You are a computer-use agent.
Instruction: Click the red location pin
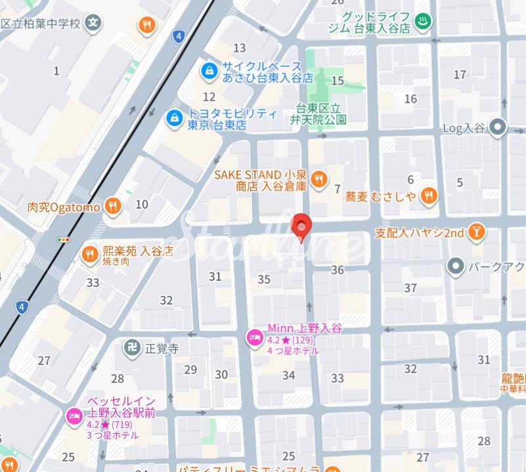coord(301,226)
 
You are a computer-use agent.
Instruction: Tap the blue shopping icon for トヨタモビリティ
coord(174,118)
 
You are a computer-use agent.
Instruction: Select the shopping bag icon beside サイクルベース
coord(209,70)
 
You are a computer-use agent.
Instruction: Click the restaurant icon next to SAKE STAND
coord(318,178)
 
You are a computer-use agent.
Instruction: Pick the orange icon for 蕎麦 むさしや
coord(429,195)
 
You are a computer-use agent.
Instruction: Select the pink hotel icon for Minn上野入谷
coord(253,339)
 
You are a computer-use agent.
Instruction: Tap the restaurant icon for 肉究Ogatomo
coord(114,207)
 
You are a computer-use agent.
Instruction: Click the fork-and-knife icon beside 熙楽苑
coord(89,255)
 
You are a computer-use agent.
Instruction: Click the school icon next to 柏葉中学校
coord(95,23)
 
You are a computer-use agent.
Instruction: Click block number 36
coord(338,270)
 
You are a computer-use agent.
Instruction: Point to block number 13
coord(239,48)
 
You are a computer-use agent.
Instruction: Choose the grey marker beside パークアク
coord(454,267)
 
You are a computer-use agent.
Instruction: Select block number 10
coord(142,204)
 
